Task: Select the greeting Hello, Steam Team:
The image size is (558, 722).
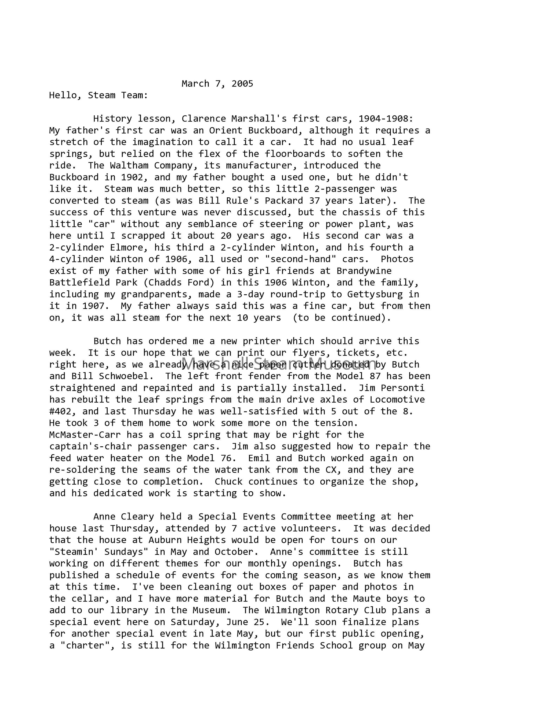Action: pos(99,95)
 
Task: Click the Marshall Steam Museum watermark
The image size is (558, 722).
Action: pos(279,363)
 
